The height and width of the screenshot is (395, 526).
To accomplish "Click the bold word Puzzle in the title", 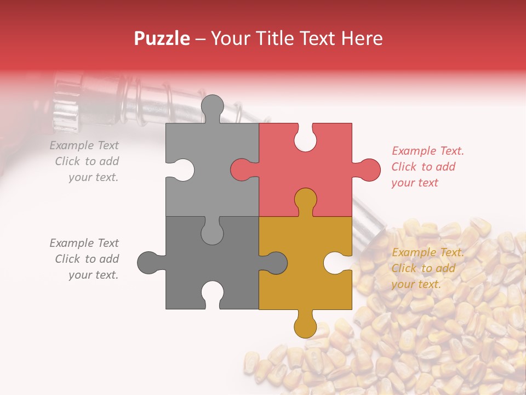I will (162, 38).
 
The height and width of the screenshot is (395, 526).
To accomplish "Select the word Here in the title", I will (362, 38).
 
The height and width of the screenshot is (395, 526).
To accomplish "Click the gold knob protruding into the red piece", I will (305, 200).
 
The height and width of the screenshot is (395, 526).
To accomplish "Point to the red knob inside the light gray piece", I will (243, 170).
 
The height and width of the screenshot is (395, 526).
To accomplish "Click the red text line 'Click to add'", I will (424, 167).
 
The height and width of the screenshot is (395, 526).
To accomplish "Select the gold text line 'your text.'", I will (416, 284).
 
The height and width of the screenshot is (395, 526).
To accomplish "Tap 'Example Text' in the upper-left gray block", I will (84, 145).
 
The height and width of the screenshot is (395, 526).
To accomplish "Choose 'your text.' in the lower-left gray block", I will (93, 275).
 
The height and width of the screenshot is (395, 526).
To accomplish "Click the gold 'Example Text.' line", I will (428, 252).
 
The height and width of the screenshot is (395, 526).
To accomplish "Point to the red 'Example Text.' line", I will (428, 151).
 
